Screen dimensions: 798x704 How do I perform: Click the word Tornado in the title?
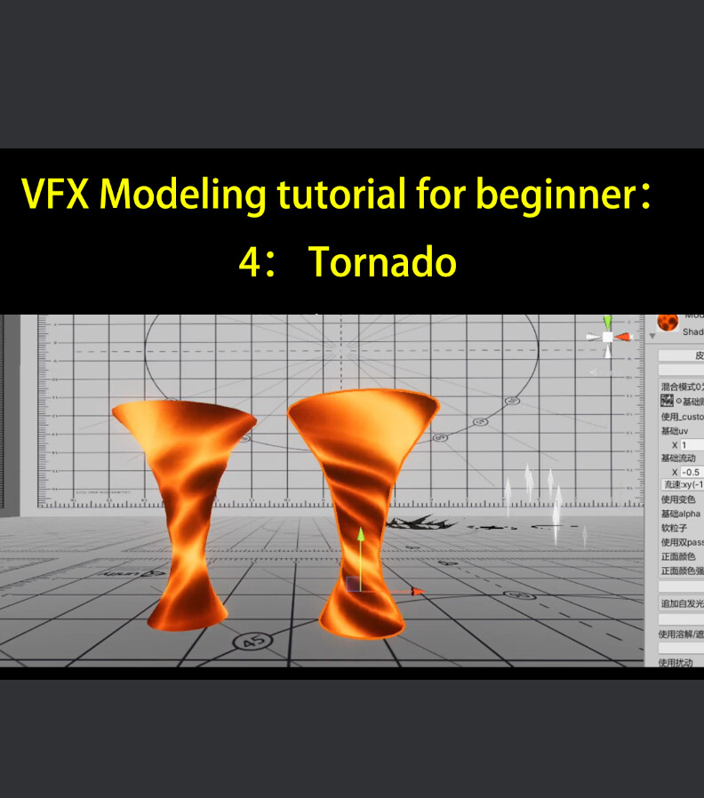pyautogui.click(x=382, y=262)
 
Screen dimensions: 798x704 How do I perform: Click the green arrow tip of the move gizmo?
pyautogui.click(x=361, y=535)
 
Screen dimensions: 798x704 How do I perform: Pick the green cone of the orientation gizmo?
pyautogui.click(x=607, y=322)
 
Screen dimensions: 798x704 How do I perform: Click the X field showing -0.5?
pyautogui.click(x=692, y=472)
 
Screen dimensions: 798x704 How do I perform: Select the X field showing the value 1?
pyautogui.click(x=692, y=444)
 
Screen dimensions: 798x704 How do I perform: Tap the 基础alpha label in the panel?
pyautogui.click(x=681, y=514)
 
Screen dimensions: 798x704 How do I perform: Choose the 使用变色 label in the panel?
pyautogui.click(x=679, y=499)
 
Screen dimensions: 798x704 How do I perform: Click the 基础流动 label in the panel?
pyautogui.click(x=679, y=458)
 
